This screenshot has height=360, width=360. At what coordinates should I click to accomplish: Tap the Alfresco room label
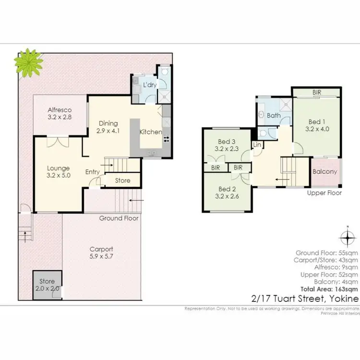pos(60,112)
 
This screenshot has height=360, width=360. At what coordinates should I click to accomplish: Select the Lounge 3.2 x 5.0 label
pos(59,172)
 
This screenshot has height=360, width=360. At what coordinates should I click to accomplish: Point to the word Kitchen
pos(151,132)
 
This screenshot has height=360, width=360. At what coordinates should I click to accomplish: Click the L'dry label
pos(150,85)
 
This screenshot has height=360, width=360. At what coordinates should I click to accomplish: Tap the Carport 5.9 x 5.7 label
pos(101,253)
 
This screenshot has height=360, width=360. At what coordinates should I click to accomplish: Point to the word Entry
pos(93,172)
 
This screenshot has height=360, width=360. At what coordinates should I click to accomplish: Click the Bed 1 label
pos(315,125)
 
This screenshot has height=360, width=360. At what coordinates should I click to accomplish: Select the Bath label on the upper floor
pos(274,115)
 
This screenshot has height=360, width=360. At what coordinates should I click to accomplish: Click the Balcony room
pos(325,172)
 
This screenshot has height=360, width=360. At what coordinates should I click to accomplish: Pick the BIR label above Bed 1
pos(316,92)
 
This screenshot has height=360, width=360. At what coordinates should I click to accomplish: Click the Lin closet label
pos(257,144)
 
